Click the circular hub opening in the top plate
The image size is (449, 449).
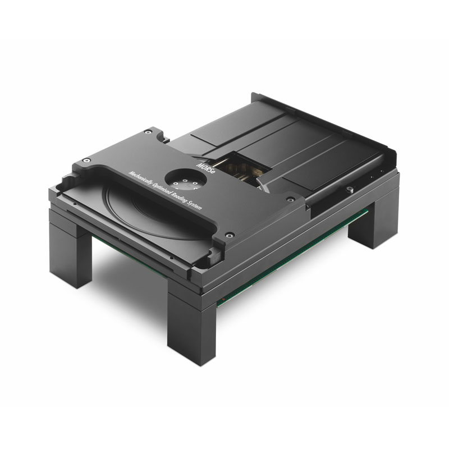(186, 182)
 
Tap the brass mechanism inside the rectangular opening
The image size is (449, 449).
(243, 171)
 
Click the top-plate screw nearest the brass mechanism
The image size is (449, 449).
(290, 199)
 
